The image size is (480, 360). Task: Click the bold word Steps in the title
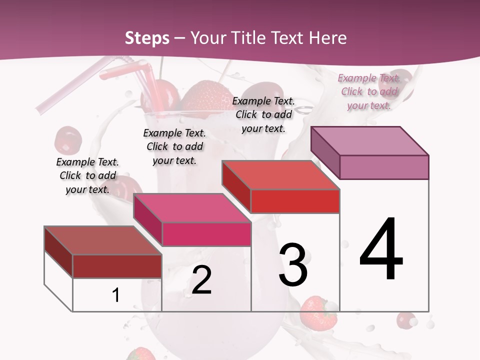(147, 38)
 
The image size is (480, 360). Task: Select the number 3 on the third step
(293, 265)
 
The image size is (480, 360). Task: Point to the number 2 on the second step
(201, 280)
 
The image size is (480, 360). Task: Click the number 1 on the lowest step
(116, 295)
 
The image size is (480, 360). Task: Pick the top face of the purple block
(370, 140)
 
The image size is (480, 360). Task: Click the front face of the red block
(295, 201)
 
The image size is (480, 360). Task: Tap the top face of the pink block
(192, 207)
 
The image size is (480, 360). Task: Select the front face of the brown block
(117, 266)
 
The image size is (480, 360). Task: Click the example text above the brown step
(87, 175)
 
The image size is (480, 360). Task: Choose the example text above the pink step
(174, 146)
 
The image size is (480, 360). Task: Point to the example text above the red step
(263, 114)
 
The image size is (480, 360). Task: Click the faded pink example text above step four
(369, 91)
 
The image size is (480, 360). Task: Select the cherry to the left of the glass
(67, 140)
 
